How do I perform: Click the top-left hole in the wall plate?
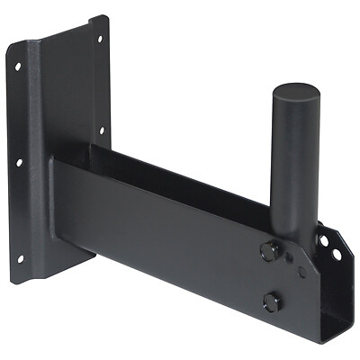(x=17, y=67)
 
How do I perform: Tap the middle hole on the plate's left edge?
(x=18, y=163)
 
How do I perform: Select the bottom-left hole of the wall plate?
(x=20, y=258)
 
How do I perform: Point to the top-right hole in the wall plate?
(x=99, y=39)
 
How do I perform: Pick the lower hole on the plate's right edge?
(x=102, y=130)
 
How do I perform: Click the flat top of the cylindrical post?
(x=295, y=92)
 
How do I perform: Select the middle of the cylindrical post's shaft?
(x=293, y=171)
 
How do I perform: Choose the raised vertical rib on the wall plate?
(x=38, y=135)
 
